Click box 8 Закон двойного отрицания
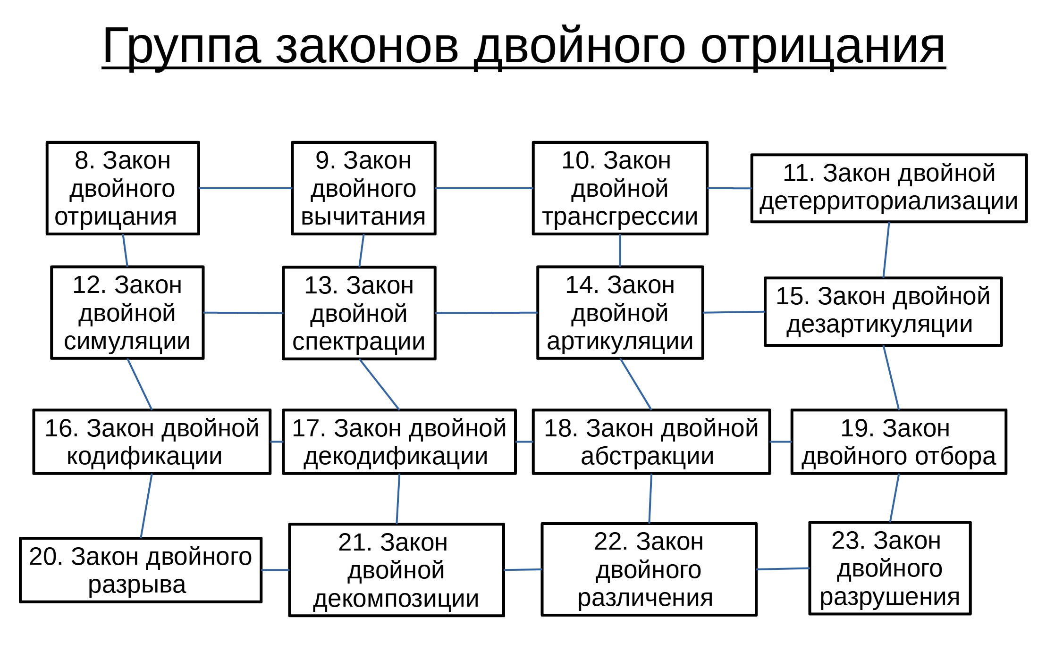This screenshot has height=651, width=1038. (123, 188)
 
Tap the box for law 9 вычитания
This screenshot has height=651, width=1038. (363, 188)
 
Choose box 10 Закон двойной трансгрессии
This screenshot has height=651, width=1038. (620, 188)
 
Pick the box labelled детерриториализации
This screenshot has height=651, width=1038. (889, 188)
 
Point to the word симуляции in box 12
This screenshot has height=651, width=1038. (127, 342)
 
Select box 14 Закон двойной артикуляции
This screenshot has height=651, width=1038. (620, 313)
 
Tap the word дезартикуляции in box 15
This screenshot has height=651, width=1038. (879, 325)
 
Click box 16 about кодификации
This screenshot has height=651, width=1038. (152, 442)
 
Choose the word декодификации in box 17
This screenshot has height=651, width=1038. (396, 457)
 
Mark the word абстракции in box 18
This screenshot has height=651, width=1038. (647, 457)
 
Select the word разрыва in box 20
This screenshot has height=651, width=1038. (137, 585)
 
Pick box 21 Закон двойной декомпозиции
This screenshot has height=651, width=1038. (397, 570)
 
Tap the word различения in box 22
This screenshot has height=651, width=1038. (645, 598)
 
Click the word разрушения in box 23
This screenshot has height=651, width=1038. (890, 597)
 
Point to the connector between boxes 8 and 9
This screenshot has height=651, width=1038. (246, 188)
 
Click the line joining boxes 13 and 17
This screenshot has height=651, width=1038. (379, 384)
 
